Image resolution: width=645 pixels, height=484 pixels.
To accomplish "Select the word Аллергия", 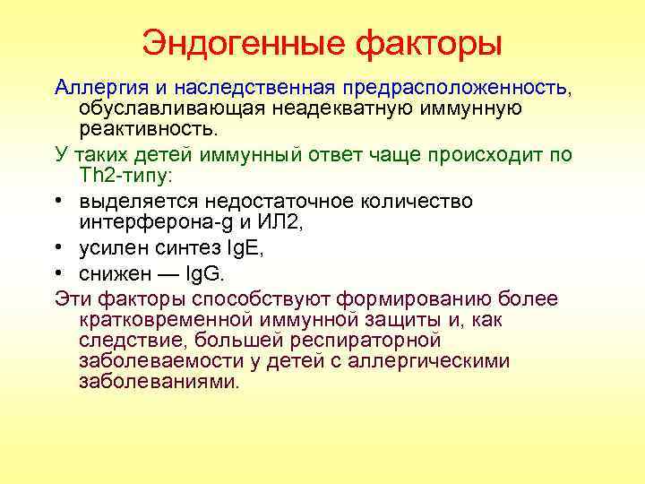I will point(93,88).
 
